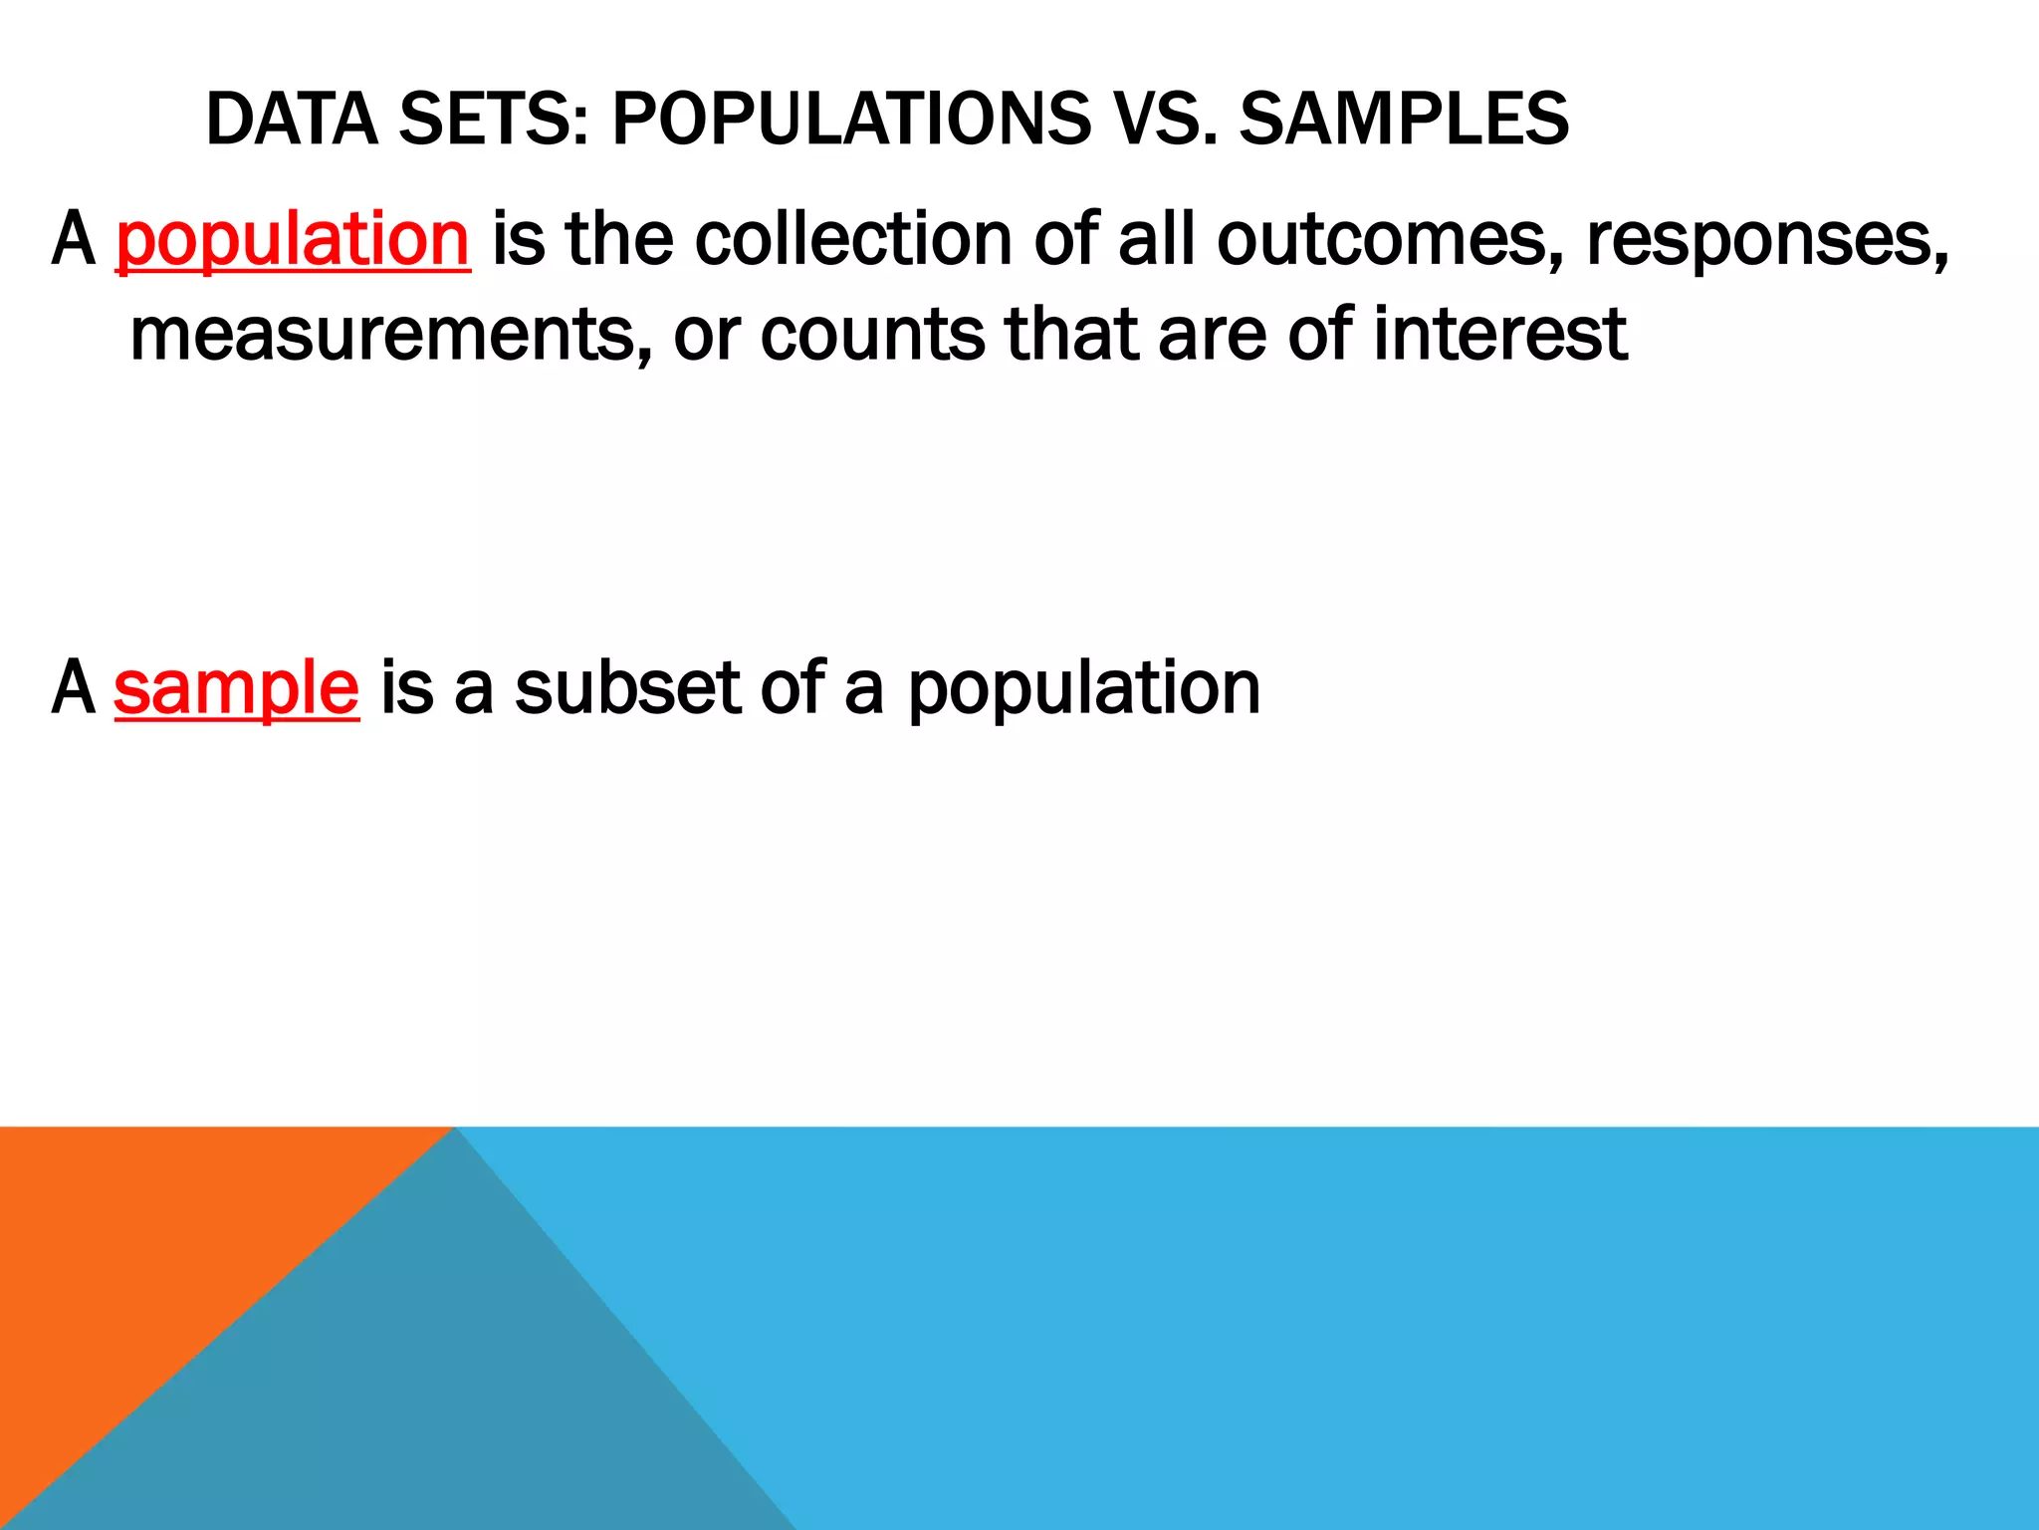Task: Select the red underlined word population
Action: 293,241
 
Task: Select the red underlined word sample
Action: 236,689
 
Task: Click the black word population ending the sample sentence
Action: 1084,689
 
